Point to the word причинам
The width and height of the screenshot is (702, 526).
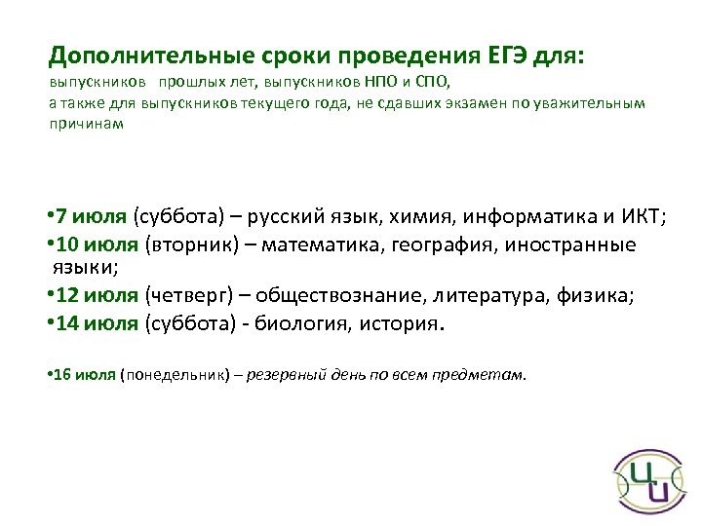coord(86,124)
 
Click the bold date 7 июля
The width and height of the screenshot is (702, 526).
coord(93,216)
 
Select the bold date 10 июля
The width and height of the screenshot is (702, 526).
coord(97,244)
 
